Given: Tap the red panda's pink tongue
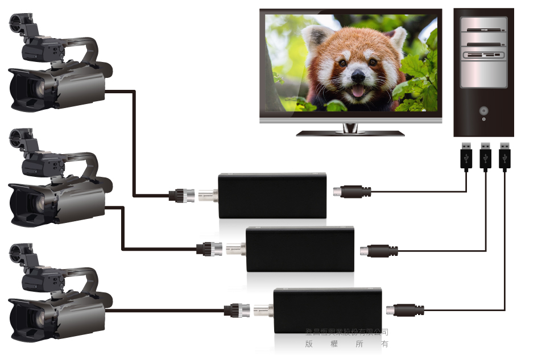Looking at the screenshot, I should point(358,90).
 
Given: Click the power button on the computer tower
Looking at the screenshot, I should point(483,110).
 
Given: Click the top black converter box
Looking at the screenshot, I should point(272,195).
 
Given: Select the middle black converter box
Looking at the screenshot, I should point(300,249).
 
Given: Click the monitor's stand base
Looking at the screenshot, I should point(350,133).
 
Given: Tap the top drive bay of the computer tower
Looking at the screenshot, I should point(483,25).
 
